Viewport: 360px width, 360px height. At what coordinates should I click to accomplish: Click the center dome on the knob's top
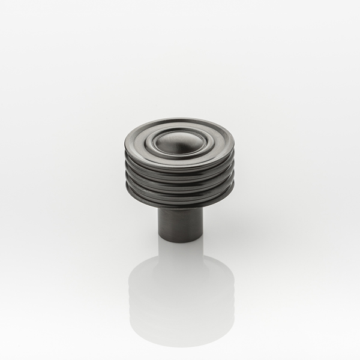178,142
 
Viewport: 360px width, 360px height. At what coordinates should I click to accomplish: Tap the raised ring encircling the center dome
178,153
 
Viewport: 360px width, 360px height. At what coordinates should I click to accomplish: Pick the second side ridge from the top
179,179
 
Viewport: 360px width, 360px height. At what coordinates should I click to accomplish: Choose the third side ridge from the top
179,190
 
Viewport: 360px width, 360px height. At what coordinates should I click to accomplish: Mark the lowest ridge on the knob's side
179,200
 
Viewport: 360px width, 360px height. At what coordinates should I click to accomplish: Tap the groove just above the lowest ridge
179,196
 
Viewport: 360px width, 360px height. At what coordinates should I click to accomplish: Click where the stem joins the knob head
180,208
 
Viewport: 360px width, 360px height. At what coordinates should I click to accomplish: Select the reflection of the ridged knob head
180,300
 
